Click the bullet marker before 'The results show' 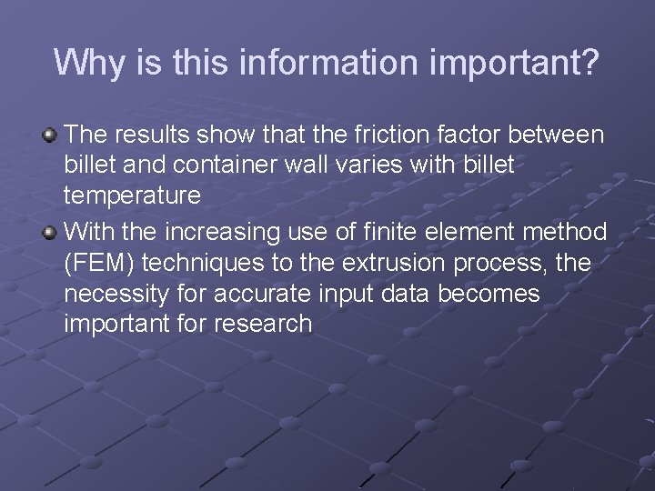click(x=50, y=135)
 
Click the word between click(x=557, y=135)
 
